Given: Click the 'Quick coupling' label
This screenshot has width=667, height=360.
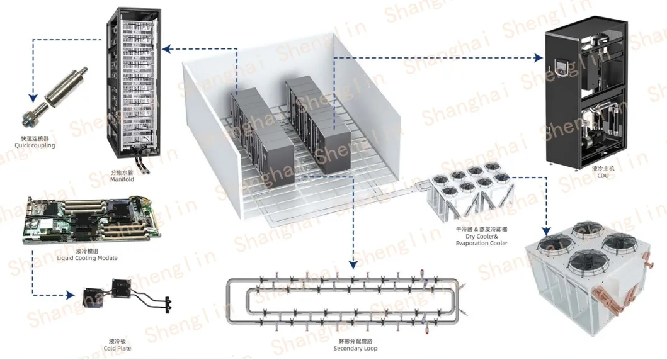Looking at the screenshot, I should click(35, 145).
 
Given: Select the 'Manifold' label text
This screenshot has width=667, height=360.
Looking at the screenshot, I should click(122, 179).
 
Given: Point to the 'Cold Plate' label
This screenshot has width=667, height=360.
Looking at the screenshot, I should click(118, 348).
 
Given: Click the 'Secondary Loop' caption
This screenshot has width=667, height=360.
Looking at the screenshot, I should click(355, 348).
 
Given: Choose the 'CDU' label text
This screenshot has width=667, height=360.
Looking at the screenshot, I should click(603, 176).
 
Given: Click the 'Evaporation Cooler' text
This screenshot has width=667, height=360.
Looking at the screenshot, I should click(481, 243).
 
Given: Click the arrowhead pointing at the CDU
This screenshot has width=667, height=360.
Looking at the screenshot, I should click(539, 59).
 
